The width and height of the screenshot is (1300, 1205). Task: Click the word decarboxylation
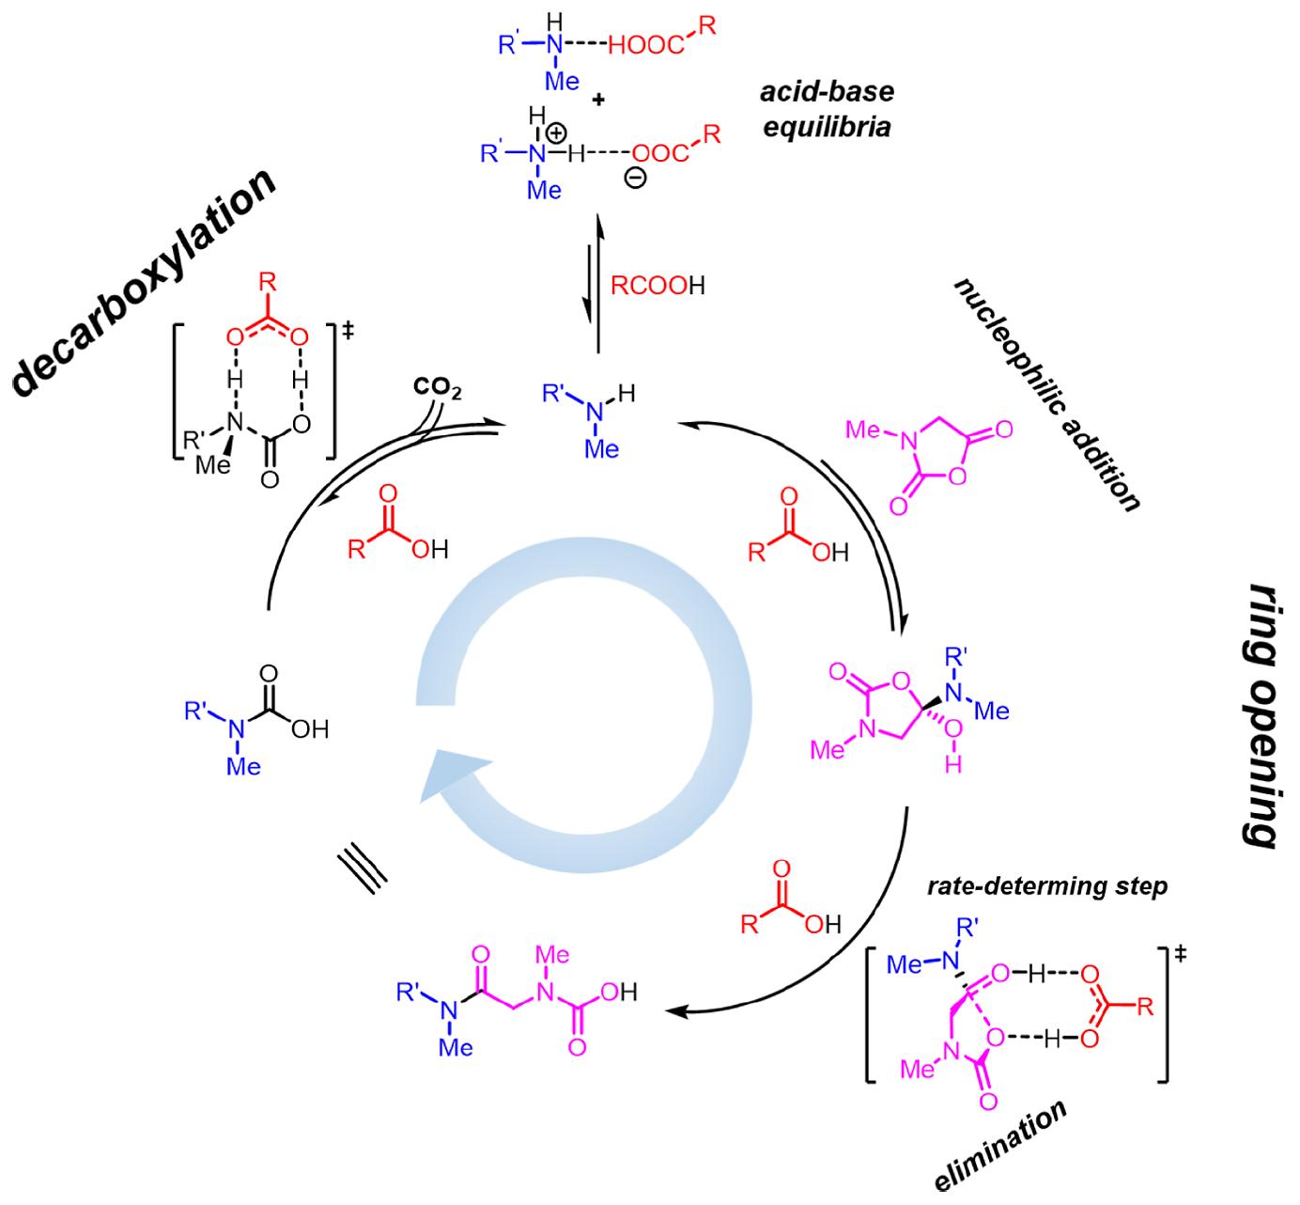pos(144,282)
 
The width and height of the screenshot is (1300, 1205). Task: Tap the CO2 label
pos(438,388)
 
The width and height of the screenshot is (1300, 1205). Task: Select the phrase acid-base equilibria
pos(827,109)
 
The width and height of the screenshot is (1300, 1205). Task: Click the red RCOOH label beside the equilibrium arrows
pos(658,286)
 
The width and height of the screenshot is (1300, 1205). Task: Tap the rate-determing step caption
pos(1047,886)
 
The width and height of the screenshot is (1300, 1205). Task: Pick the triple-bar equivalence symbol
pos(362,872)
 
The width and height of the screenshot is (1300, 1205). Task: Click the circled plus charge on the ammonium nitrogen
pos(556,133)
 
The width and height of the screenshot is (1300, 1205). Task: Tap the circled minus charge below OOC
pos(636,178)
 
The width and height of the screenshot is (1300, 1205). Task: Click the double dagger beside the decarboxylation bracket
pos(348,331)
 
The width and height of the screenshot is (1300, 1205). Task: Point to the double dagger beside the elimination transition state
pos(1180,953)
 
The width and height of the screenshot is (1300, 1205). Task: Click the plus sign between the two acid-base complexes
pos(597,101)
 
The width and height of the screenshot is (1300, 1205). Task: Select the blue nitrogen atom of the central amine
pos(595,413)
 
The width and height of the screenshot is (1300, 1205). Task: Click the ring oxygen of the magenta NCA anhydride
pos(957,476)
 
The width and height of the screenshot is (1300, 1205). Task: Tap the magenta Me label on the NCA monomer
pos(862,430)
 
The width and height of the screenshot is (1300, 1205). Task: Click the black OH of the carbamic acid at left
pos(310,729)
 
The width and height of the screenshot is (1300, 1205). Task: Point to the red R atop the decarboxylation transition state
pos(268,282)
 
